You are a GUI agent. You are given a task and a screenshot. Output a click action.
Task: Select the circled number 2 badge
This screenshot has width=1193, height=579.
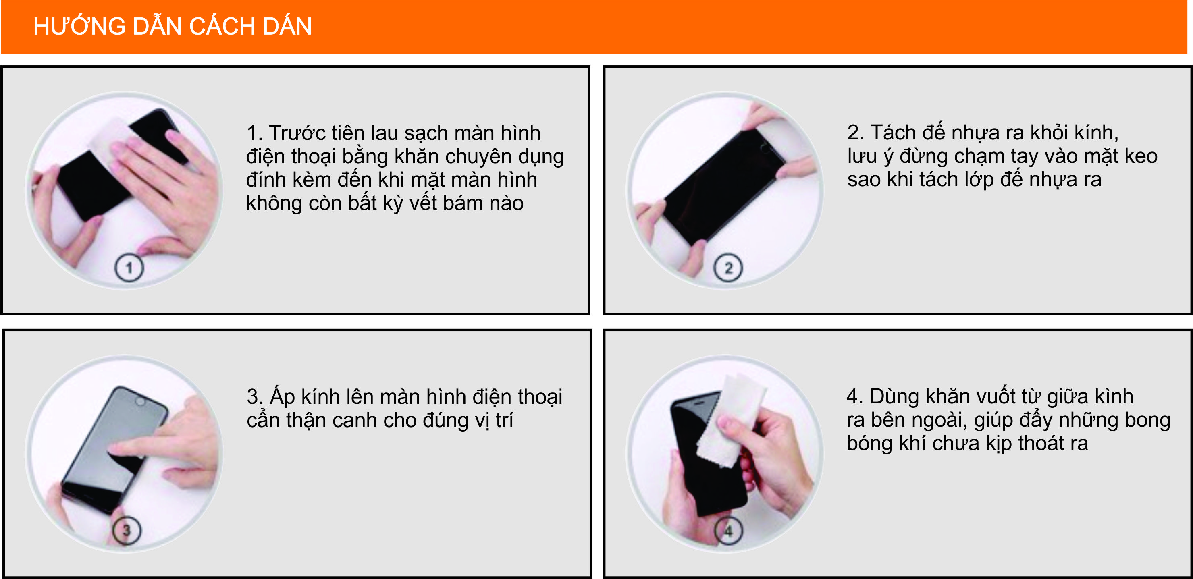tap(728, 268)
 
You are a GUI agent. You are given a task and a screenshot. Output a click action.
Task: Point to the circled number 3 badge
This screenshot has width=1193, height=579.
tap(127, 530)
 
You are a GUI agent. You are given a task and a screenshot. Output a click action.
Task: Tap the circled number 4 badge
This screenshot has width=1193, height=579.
tap(728, 530)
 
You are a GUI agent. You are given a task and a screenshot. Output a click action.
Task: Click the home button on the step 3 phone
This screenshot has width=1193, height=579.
tap(139, 401)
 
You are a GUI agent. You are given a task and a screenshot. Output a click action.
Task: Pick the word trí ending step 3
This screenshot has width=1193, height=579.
tap(504, 420)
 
